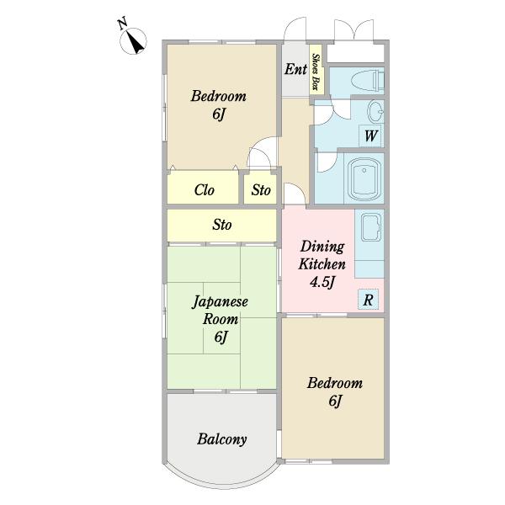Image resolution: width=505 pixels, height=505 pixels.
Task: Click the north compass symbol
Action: tap(133, 41)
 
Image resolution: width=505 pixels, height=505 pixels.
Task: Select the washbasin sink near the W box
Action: tap(375, 112)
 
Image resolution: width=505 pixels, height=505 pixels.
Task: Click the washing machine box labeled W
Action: tap(371, 136)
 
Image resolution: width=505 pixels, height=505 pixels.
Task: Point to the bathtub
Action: tap(364, 179)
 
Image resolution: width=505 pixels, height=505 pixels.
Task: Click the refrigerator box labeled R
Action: tap(368, 300)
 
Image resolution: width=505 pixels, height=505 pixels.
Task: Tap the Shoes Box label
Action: tap(316, 72)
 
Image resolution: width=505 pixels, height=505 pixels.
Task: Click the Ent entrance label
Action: tap(295, 69)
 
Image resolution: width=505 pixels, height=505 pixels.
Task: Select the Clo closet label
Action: tap(205, 190)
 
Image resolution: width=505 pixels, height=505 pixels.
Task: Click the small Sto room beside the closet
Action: tap(261, 189)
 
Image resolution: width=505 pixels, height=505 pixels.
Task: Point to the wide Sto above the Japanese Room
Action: tap(222, 225)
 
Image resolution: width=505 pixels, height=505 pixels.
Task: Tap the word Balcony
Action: tap(222, 439)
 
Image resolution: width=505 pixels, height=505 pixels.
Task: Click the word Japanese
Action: tap(221, 302)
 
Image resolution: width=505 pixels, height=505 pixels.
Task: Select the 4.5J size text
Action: tap(322, 282)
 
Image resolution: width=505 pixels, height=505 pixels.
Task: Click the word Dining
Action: tap(322, 247)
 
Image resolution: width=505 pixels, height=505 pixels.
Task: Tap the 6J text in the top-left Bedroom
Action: tap(219, 114)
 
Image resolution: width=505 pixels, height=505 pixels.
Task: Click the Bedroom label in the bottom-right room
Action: tap(335, 383)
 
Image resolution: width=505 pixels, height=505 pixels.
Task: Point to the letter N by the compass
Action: tap(122, 24)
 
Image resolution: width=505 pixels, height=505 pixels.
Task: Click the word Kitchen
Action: tap(322, 264)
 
